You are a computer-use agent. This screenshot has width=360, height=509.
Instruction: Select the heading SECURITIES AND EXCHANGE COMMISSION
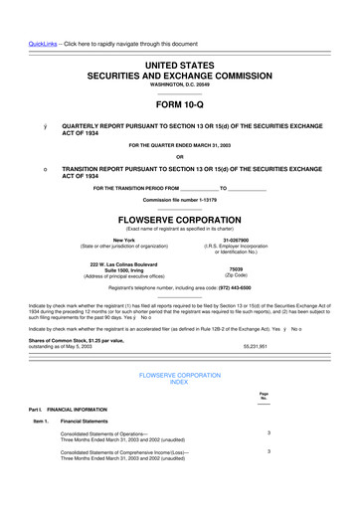[x=179, y=75]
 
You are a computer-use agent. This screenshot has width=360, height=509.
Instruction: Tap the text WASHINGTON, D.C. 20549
[x=179, y=86]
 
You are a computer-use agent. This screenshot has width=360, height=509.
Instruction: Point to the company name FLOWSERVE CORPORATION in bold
[x=179, y=218]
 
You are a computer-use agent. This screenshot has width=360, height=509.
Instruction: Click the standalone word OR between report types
[x=179, y=155]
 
